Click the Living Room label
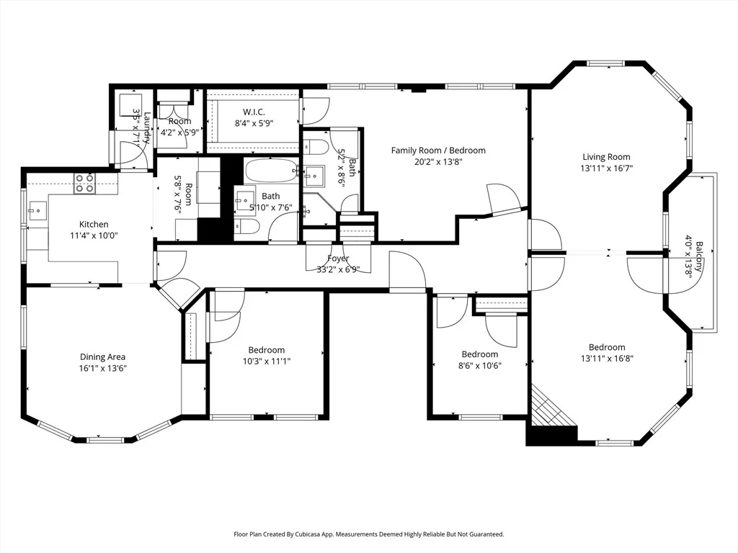[x=606, y=157]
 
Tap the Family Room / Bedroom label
[x=438, y=150]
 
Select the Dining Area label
[x=102, y=357]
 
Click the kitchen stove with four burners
[x=85, y=184]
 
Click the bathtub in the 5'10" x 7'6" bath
[x=272, y=170]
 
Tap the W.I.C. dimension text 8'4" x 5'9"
[x=254, y=124]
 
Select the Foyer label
[x=338, y=258]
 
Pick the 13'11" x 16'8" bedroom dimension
[x=607, y=359]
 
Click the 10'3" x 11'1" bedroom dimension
[x=267, y=361]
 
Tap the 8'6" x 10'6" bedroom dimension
[x=479, y=366]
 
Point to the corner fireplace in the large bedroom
[x=551, y=409]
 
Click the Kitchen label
[x=94, y=225]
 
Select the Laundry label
[x=147, y=127]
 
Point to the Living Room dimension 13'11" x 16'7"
[x=606, y=168]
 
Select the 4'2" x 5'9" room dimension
[x=179, y=132]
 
